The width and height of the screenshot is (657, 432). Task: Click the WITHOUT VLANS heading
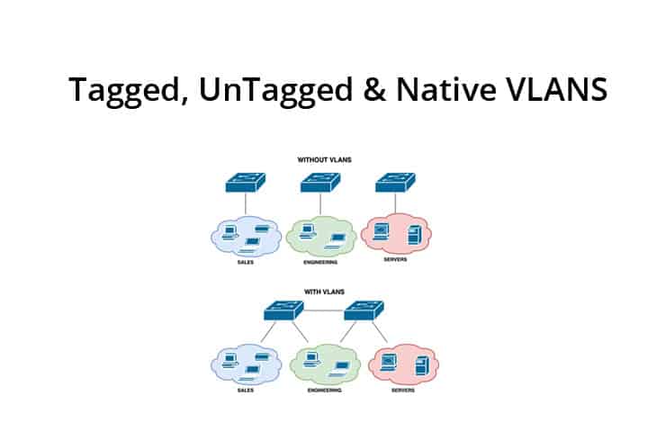click(324, 159)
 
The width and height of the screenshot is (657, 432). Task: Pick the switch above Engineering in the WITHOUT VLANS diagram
click(321, 183)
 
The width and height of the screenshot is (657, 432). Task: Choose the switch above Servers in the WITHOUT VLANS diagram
click(396, 183)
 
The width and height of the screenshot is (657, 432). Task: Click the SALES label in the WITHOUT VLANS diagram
click(245, 261)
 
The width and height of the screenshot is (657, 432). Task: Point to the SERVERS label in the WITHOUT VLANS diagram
click(396, 261)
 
